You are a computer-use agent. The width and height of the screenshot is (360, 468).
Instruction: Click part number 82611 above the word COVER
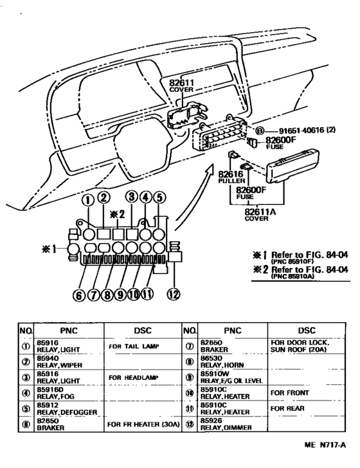click(181, 84)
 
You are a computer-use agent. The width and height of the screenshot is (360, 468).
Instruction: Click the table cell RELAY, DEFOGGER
click(62, 410)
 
